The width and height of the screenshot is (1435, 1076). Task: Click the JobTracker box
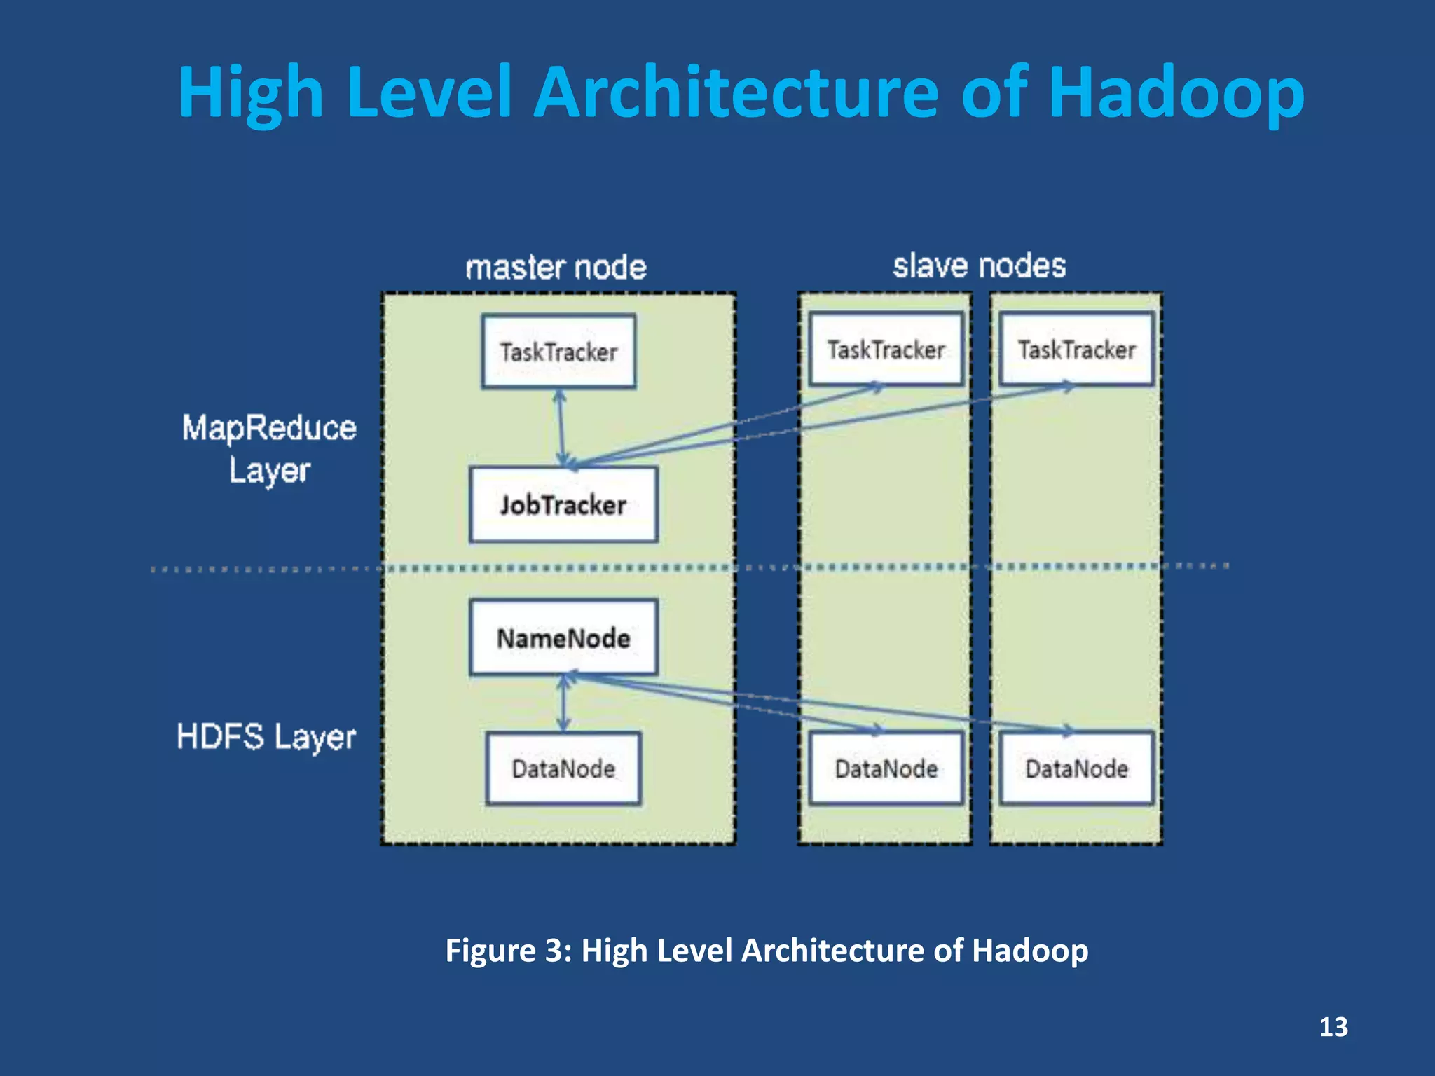563,504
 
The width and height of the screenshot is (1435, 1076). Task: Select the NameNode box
563,637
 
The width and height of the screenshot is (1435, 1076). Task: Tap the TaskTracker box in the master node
558,351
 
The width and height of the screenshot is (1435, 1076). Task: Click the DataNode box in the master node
563,768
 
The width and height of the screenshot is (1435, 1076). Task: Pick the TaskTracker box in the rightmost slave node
1076,349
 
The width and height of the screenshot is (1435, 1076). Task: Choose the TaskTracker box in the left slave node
886,349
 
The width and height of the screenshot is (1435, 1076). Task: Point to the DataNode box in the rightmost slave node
1076,768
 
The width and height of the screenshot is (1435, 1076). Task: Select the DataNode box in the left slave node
886,768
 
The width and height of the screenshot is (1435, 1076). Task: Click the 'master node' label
556,267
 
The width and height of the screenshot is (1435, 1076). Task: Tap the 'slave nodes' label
979,265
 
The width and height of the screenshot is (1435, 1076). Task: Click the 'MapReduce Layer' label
269,448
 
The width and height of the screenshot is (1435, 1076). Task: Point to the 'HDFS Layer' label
266,737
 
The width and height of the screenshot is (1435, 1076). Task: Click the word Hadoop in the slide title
1176,92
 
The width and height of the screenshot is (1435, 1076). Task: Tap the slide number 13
1333,1027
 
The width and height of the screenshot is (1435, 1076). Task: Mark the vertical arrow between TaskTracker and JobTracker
561,427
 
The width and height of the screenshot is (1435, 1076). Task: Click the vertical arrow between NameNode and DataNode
563,703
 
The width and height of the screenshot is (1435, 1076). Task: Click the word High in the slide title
250,92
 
